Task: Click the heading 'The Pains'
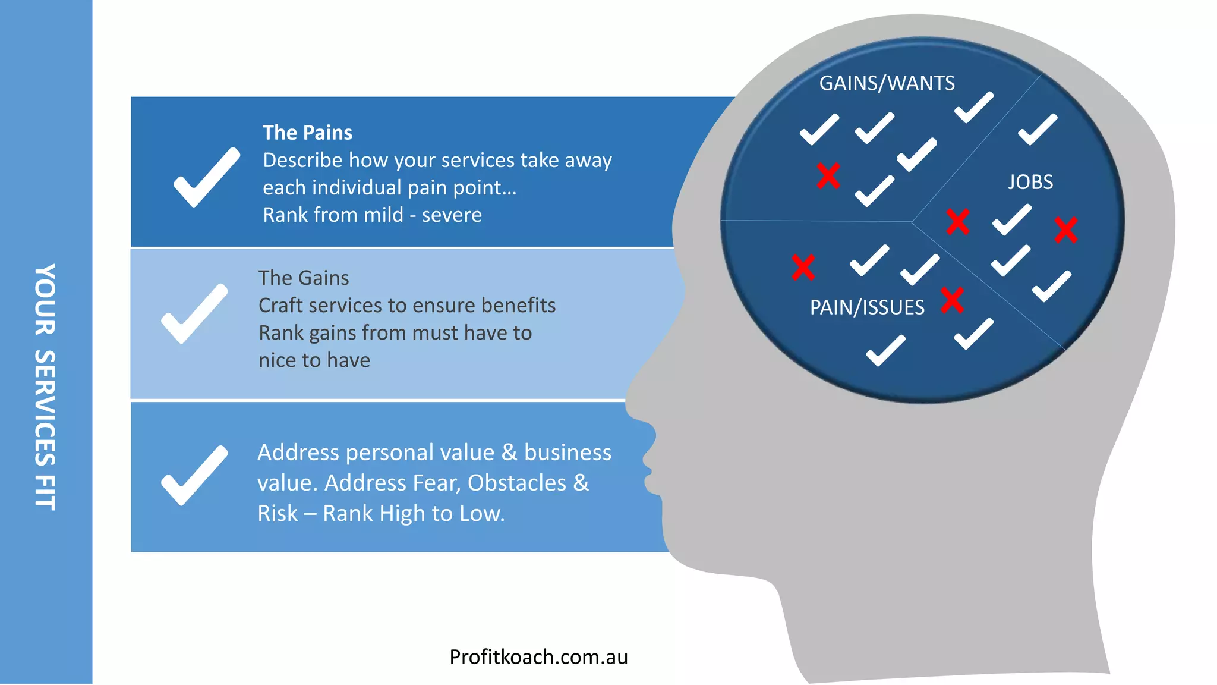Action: point(307,133)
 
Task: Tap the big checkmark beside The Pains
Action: point(206,177)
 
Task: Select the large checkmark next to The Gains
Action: point(194,313)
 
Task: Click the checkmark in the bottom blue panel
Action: point(194,475)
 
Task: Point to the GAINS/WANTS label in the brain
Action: point(887,83)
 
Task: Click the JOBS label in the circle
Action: point(1030,182)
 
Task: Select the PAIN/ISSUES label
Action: point(867,307)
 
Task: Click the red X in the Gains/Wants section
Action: point(828,176)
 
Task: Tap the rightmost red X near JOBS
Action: point(1065,230)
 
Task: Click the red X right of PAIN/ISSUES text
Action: point(952,300)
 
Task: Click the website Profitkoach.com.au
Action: point(538,657)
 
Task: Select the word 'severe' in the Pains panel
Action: point(452,215)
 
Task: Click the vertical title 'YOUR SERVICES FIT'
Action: point(45,387)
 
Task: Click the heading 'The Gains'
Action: point(304,278)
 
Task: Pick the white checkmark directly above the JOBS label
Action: point(1037,130)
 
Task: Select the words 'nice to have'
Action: point(314,360)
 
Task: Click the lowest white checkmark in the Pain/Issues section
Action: point(885,350)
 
